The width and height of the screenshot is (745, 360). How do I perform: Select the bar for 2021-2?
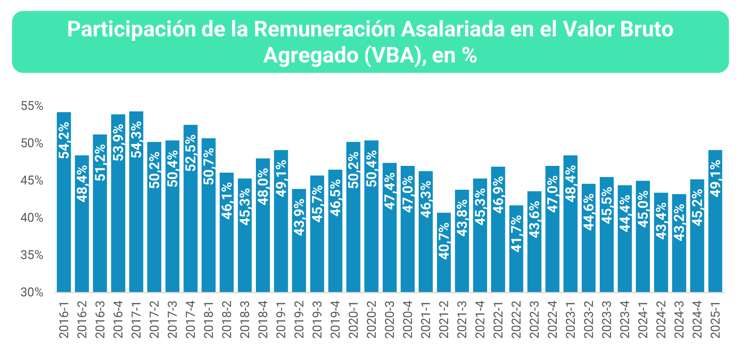444,252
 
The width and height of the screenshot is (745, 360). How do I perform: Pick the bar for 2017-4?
190,208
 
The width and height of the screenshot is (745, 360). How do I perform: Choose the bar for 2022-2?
516,249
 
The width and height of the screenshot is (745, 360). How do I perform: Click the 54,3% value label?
136,140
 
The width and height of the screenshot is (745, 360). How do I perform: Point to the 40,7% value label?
444,241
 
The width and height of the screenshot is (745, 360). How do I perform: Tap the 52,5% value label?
190,153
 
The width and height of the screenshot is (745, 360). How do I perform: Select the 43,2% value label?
679,222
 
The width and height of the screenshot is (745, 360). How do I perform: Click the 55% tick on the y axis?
32,106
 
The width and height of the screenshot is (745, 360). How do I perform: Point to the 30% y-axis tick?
32,292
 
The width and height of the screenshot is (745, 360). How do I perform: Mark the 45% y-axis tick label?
32,181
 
